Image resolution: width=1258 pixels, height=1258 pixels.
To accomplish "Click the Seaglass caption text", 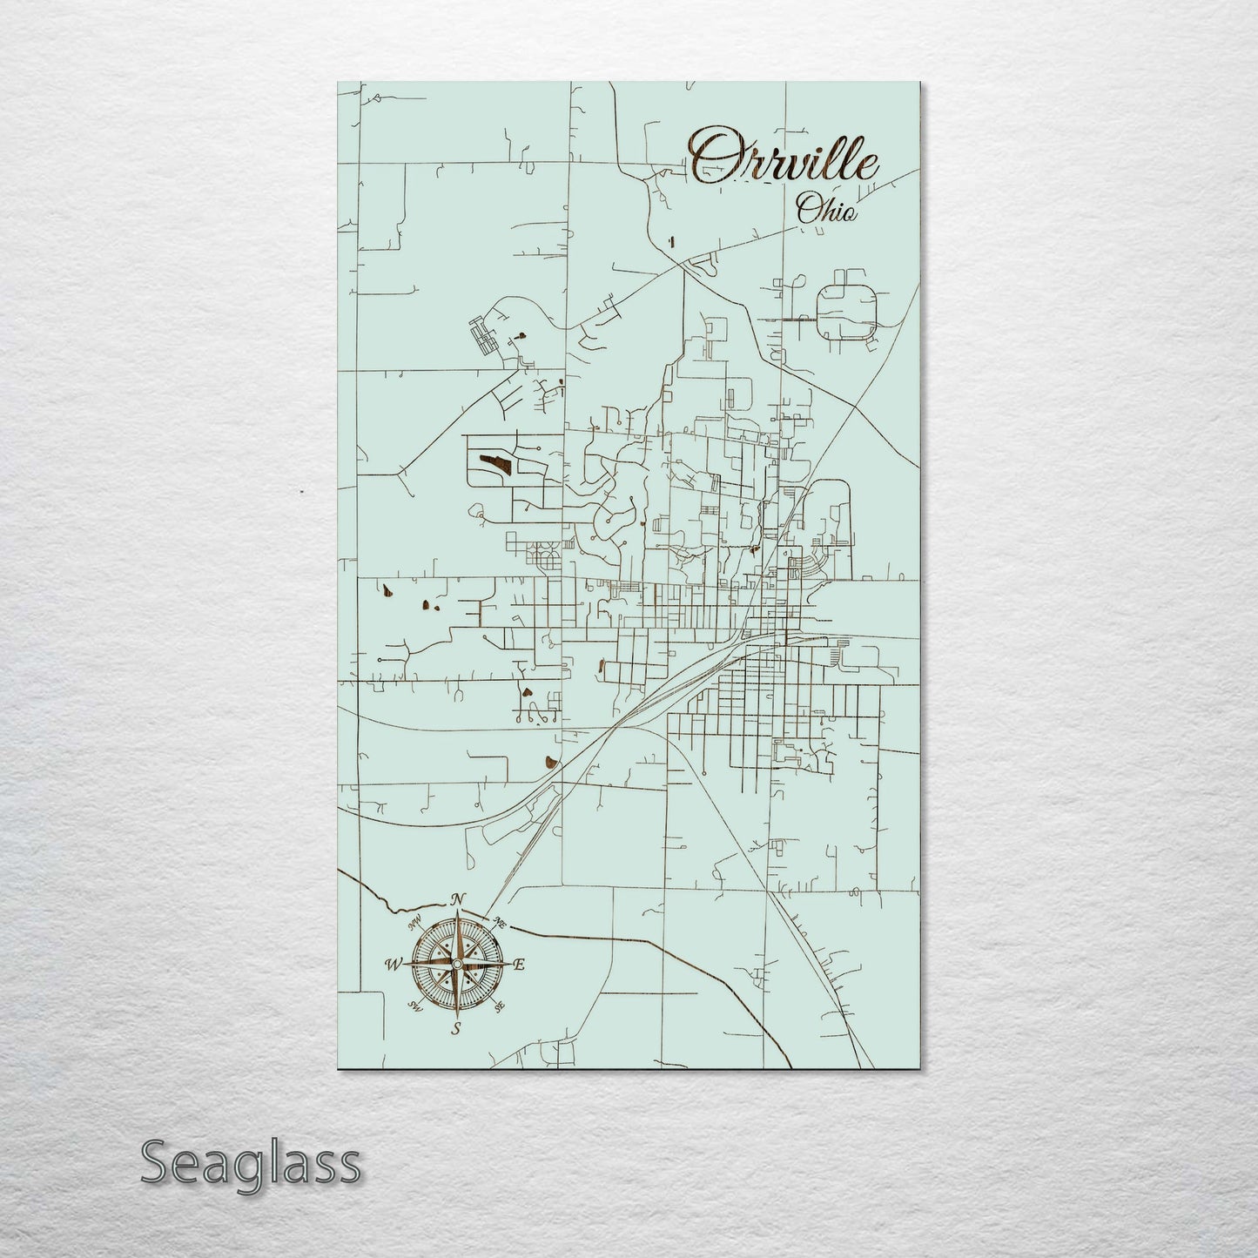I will pyautogui.click(x=251, y=1163).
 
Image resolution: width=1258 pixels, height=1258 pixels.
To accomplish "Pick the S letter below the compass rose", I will pyautogui.click(x=454, y=1030).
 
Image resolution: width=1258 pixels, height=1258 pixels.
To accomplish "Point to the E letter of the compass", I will pyautogui.click(x=520, y=965).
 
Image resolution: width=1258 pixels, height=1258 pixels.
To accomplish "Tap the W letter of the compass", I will pyautogui.click(x=392, y=964).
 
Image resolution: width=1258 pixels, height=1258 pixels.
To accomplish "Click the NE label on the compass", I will pyautogui.click(x=500, y=922).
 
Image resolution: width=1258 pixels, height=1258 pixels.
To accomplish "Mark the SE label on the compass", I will pyautogui.click(x=499, y=1007).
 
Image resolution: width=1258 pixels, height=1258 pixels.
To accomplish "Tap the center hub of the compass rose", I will pyautogui.click(x=456, y=964).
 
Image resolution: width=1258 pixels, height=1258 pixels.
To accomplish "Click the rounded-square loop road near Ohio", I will pyautogui.click(x=846, y=312).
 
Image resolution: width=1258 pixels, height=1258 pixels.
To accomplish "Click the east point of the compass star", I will pyautogui.click(x=506, y=964).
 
